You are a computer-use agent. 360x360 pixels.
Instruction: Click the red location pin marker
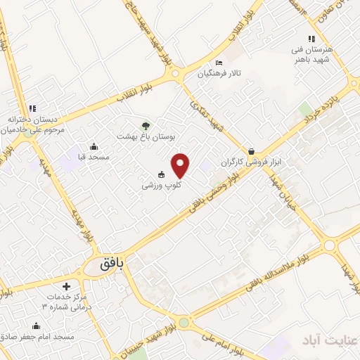[x=181, y=165]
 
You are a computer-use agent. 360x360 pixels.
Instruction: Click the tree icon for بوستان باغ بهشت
[x=146, y=125]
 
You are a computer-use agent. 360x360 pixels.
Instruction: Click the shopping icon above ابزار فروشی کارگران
[x=252, y=151]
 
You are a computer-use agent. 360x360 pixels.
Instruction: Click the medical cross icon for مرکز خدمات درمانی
[x=66, y=287]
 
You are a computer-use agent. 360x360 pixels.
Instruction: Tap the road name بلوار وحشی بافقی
[x=215, y=190]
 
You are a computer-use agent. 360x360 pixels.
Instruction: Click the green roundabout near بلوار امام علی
[x=184, y=323]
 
